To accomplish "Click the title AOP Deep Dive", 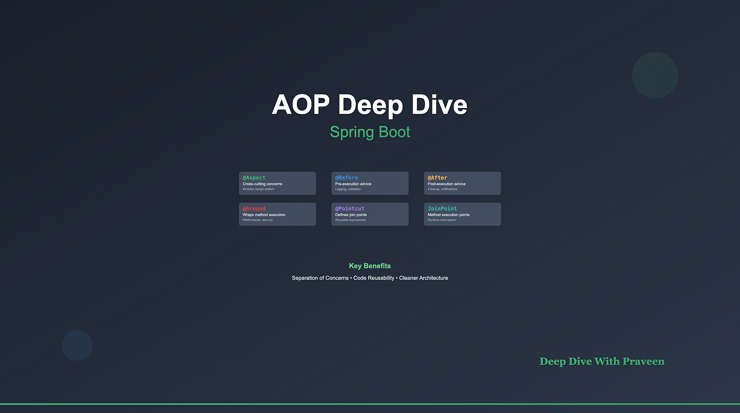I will click(369, 104).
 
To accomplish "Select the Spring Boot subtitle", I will click(370, 132).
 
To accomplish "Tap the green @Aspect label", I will click(254, 178).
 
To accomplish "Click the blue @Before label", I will click(347, 178).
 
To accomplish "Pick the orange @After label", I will click(437, 178).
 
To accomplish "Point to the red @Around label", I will click(254, 208).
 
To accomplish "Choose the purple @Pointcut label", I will click(350, 208).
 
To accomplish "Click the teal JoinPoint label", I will click(442, 208).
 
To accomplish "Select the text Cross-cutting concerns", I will click(263, 184).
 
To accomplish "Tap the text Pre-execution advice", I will click(353, 184).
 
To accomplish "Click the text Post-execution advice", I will click(446, 184).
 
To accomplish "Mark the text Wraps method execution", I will click(264, 215).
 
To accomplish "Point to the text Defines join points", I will click(351, 215).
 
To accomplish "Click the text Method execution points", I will click(448, 215).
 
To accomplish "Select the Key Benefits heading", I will click(370, 266).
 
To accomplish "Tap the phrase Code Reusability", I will click(374, 278).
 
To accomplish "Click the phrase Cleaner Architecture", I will click(423, 278).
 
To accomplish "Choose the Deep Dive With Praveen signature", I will click(602, 361).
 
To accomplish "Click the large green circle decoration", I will click(655, 75).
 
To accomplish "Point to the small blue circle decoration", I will click(77, 345).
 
